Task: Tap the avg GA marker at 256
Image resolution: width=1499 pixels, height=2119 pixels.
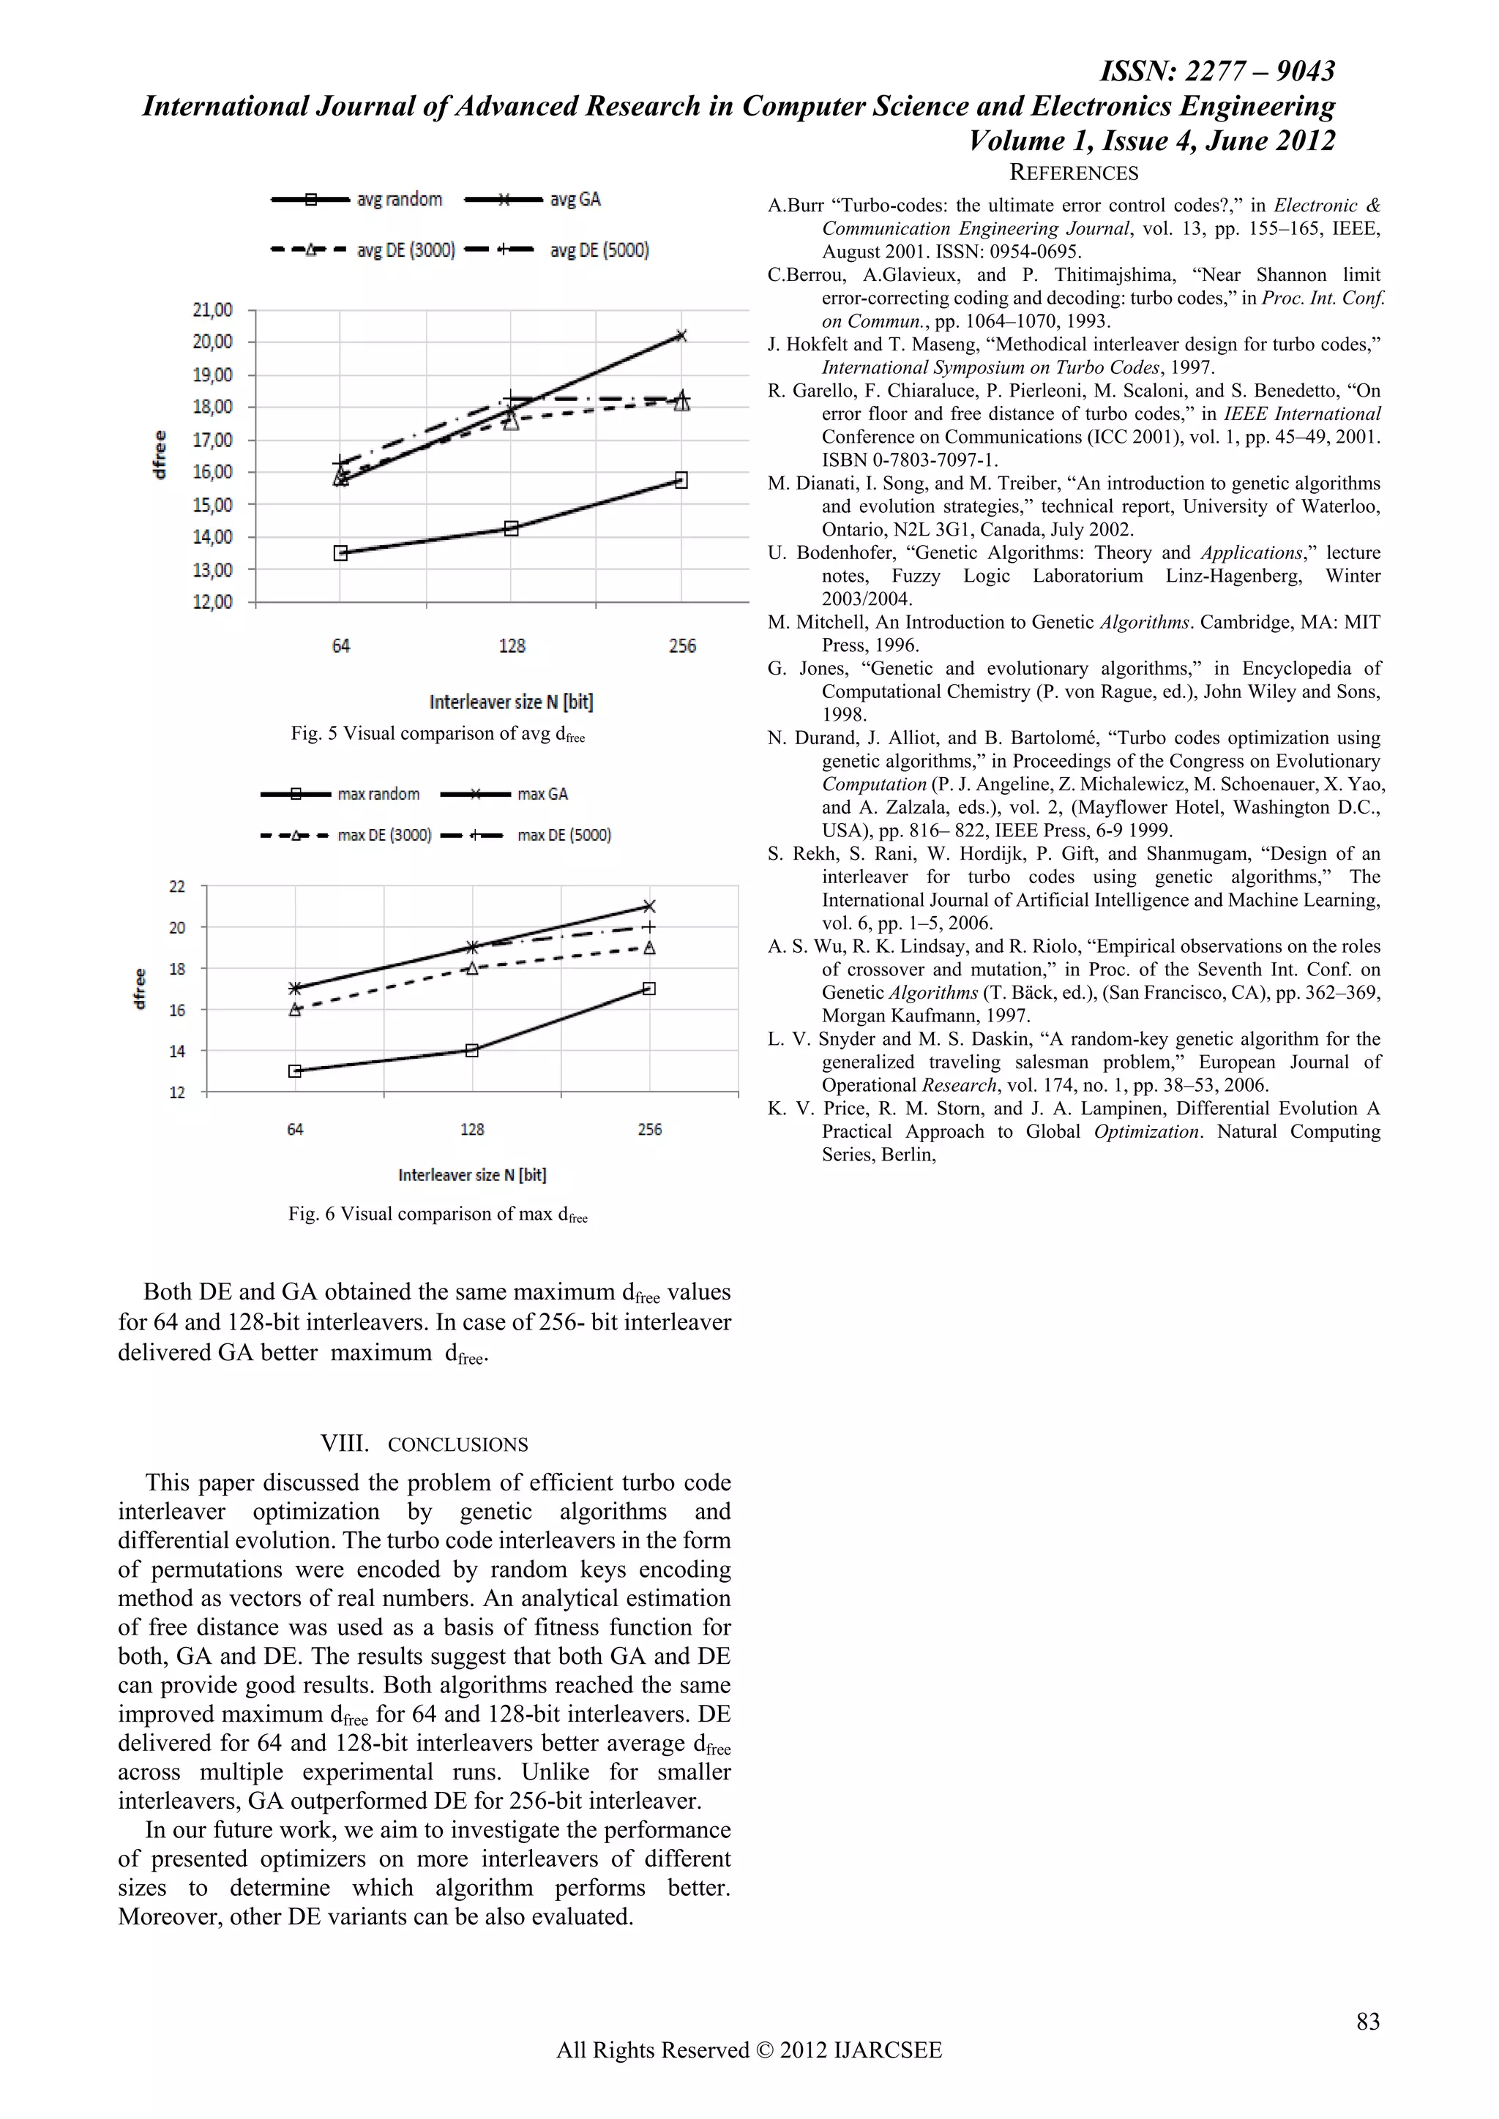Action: [x=681, y=336]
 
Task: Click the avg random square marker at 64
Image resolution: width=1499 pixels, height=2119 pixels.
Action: [x=340, y=553]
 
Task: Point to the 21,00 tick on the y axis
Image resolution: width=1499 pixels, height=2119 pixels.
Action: [x=212, y=310]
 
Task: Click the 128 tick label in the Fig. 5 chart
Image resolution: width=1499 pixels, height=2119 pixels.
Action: [x=512, y=646]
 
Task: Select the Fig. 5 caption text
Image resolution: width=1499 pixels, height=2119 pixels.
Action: [x=438, y=735]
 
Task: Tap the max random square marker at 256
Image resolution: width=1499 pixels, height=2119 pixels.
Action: [x=649, y=989]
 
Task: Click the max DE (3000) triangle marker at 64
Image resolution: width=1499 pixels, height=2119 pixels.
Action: [x=296, y=1010]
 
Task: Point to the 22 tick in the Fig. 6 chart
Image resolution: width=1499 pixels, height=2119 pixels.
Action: [x=177, y=886]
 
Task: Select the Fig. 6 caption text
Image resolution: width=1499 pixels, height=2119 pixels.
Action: [x=438, y=1215]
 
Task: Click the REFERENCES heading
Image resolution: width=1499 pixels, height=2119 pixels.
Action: [x=1074, y=173]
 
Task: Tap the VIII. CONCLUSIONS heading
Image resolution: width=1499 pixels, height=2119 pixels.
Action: [x=424, y=1444]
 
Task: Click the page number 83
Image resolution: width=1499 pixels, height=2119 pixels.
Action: [x=1368, y=2021]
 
